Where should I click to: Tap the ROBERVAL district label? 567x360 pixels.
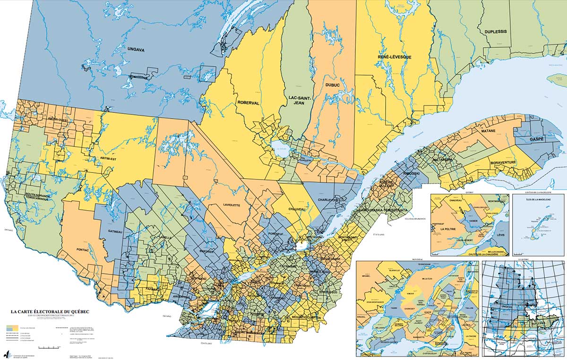coord(249,103)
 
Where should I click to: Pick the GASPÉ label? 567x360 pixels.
coord(537,139)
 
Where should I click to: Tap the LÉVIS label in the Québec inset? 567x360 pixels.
coord(498,234)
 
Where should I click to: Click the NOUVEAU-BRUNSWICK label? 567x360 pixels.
coord(415,218)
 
